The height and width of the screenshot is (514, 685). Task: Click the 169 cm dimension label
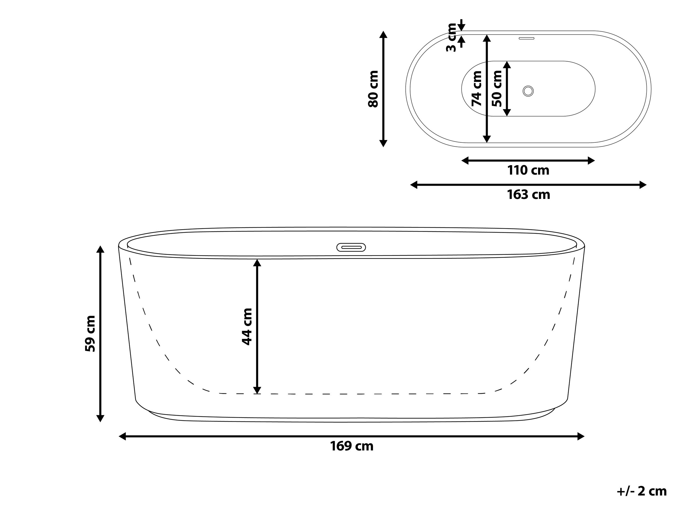[x=352, y=447]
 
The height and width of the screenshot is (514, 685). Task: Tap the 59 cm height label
[x=90, y=333]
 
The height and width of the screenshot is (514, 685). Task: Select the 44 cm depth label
[x=247, y=327]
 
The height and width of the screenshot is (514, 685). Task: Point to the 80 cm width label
[x=373, y=89]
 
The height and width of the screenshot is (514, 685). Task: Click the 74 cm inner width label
[x=477, y=89]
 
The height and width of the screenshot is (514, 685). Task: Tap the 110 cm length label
[x=528, y=171]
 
